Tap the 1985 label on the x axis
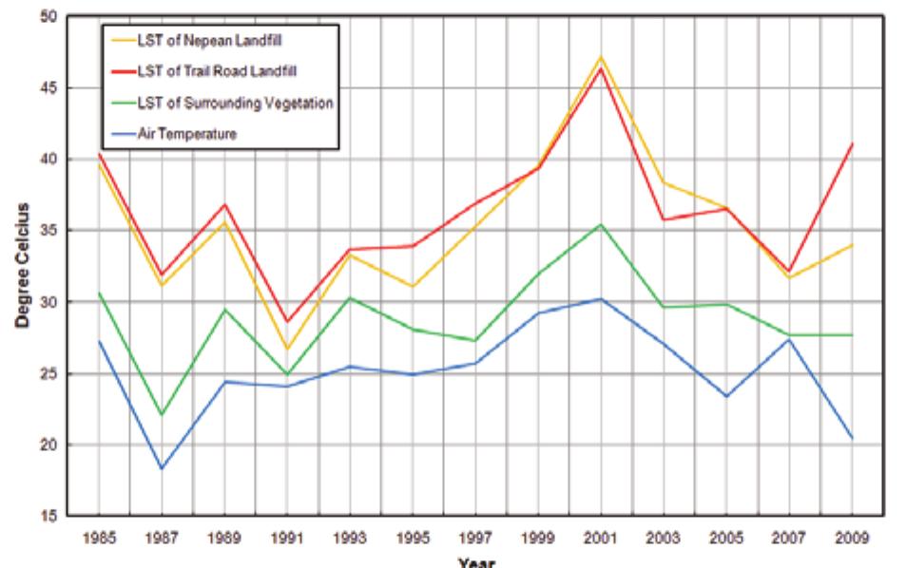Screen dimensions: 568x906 [x=99, y=537]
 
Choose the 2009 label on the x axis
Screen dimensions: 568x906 [x=851, y=537]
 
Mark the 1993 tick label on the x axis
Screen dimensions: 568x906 [x=350, y=537]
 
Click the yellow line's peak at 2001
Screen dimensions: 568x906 [x=601, y=56]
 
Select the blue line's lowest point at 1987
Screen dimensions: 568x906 [x=162, y=468]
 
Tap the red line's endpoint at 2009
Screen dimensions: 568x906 [x=852, y=143]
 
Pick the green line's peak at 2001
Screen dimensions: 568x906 [x=601, y=224]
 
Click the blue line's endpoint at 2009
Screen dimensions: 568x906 [x=852, y=438]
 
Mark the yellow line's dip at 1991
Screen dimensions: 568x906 [x=287, y=349]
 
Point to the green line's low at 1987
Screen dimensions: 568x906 [x=162, y=414]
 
